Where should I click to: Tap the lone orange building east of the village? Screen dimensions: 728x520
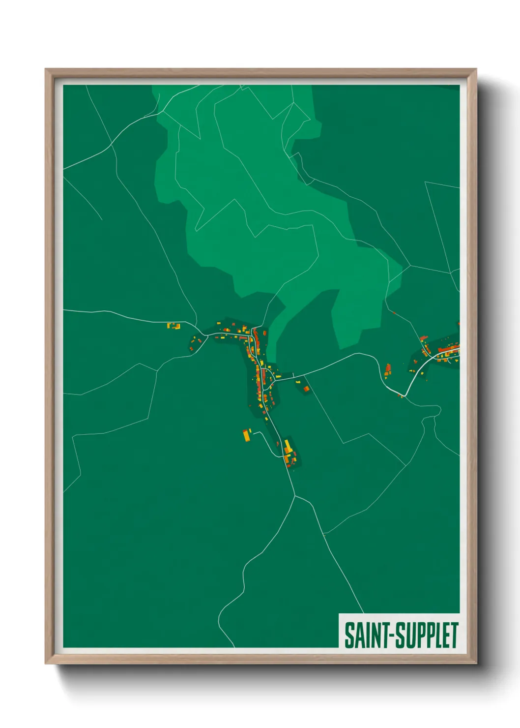pyautogui.click(x=306, y=389)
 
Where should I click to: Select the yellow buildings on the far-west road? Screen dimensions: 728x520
pyautogui.click(x=173, y=326)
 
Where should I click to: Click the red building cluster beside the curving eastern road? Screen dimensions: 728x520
pyautogui.click(x=387, y=370)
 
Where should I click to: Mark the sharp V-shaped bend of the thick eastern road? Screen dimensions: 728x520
pyautogui.click(x=404, y=395)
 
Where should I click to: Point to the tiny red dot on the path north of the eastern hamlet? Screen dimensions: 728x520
pyautogui.click(x=394, y=312)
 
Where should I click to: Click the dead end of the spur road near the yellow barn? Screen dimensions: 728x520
pyautogui.click(x=253, y=432)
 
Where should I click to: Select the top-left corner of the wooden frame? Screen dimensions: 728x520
pyautogui.click(x=46, y=69)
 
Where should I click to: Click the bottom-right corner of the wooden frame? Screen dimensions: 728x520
pyautogui.click(x=476, y=664)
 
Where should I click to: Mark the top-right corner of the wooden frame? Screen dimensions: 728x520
pyautogui.click(x=476, y=69)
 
